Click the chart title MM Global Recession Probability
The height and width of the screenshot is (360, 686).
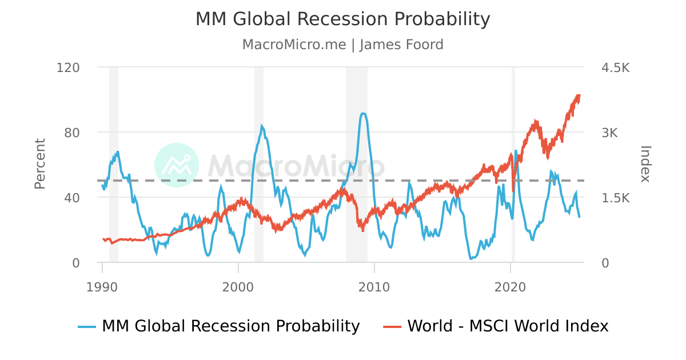(343, 19)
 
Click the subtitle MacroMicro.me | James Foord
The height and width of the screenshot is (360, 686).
(343, 45)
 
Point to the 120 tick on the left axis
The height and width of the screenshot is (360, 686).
(68, 67)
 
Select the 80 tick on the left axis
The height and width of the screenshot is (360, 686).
(71, 133)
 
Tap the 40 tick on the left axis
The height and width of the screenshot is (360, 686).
(71, 198)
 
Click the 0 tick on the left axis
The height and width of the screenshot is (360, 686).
(75, 263)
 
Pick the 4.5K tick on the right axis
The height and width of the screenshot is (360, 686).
(615, 67)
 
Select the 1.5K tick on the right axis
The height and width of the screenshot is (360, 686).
(615, 198)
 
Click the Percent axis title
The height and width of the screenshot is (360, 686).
(40, 164)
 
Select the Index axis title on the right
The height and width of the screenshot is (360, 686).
(645, 164)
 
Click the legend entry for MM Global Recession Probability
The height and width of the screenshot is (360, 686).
(220, 326)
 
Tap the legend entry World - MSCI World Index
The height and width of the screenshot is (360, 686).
(496, 326)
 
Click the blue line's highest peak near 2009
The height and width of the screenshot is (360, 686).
(363, 113)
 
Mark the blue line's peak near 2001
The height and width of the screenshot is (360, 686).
(262, 126)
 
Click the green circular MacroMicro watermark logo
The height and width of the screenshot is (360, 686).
(177, 165)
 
